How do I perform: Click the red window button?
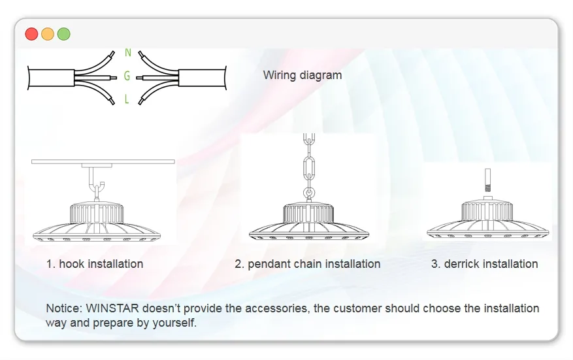point(31,34)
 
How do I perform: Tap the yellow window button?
point(48,34)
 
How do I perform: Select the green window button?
point(63,34)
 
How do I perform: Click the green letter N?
point(128,53)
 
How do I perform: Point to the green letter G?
point(127,76)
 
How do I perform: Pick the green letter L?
point(127,99)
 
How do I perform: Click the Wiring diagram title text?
point(303,75)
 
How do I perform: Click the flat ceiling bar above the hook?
point(103,161)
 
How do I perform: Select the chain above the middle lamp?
point(309,167)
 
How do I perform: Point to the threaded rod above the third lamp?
point(487,180)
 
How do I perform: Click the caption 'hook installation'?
point(101,264)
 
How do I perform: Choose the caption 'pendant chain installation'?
point(314,264)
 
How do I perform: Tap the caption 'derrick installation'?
point(491,264)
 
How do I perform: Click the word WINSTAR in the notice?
point(112,308)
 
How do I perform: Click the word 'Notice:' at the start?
point(64,308)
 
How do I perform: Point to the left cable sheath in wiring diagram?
point(52,78)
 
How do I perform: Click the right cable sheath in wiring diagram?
point(203,78)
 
